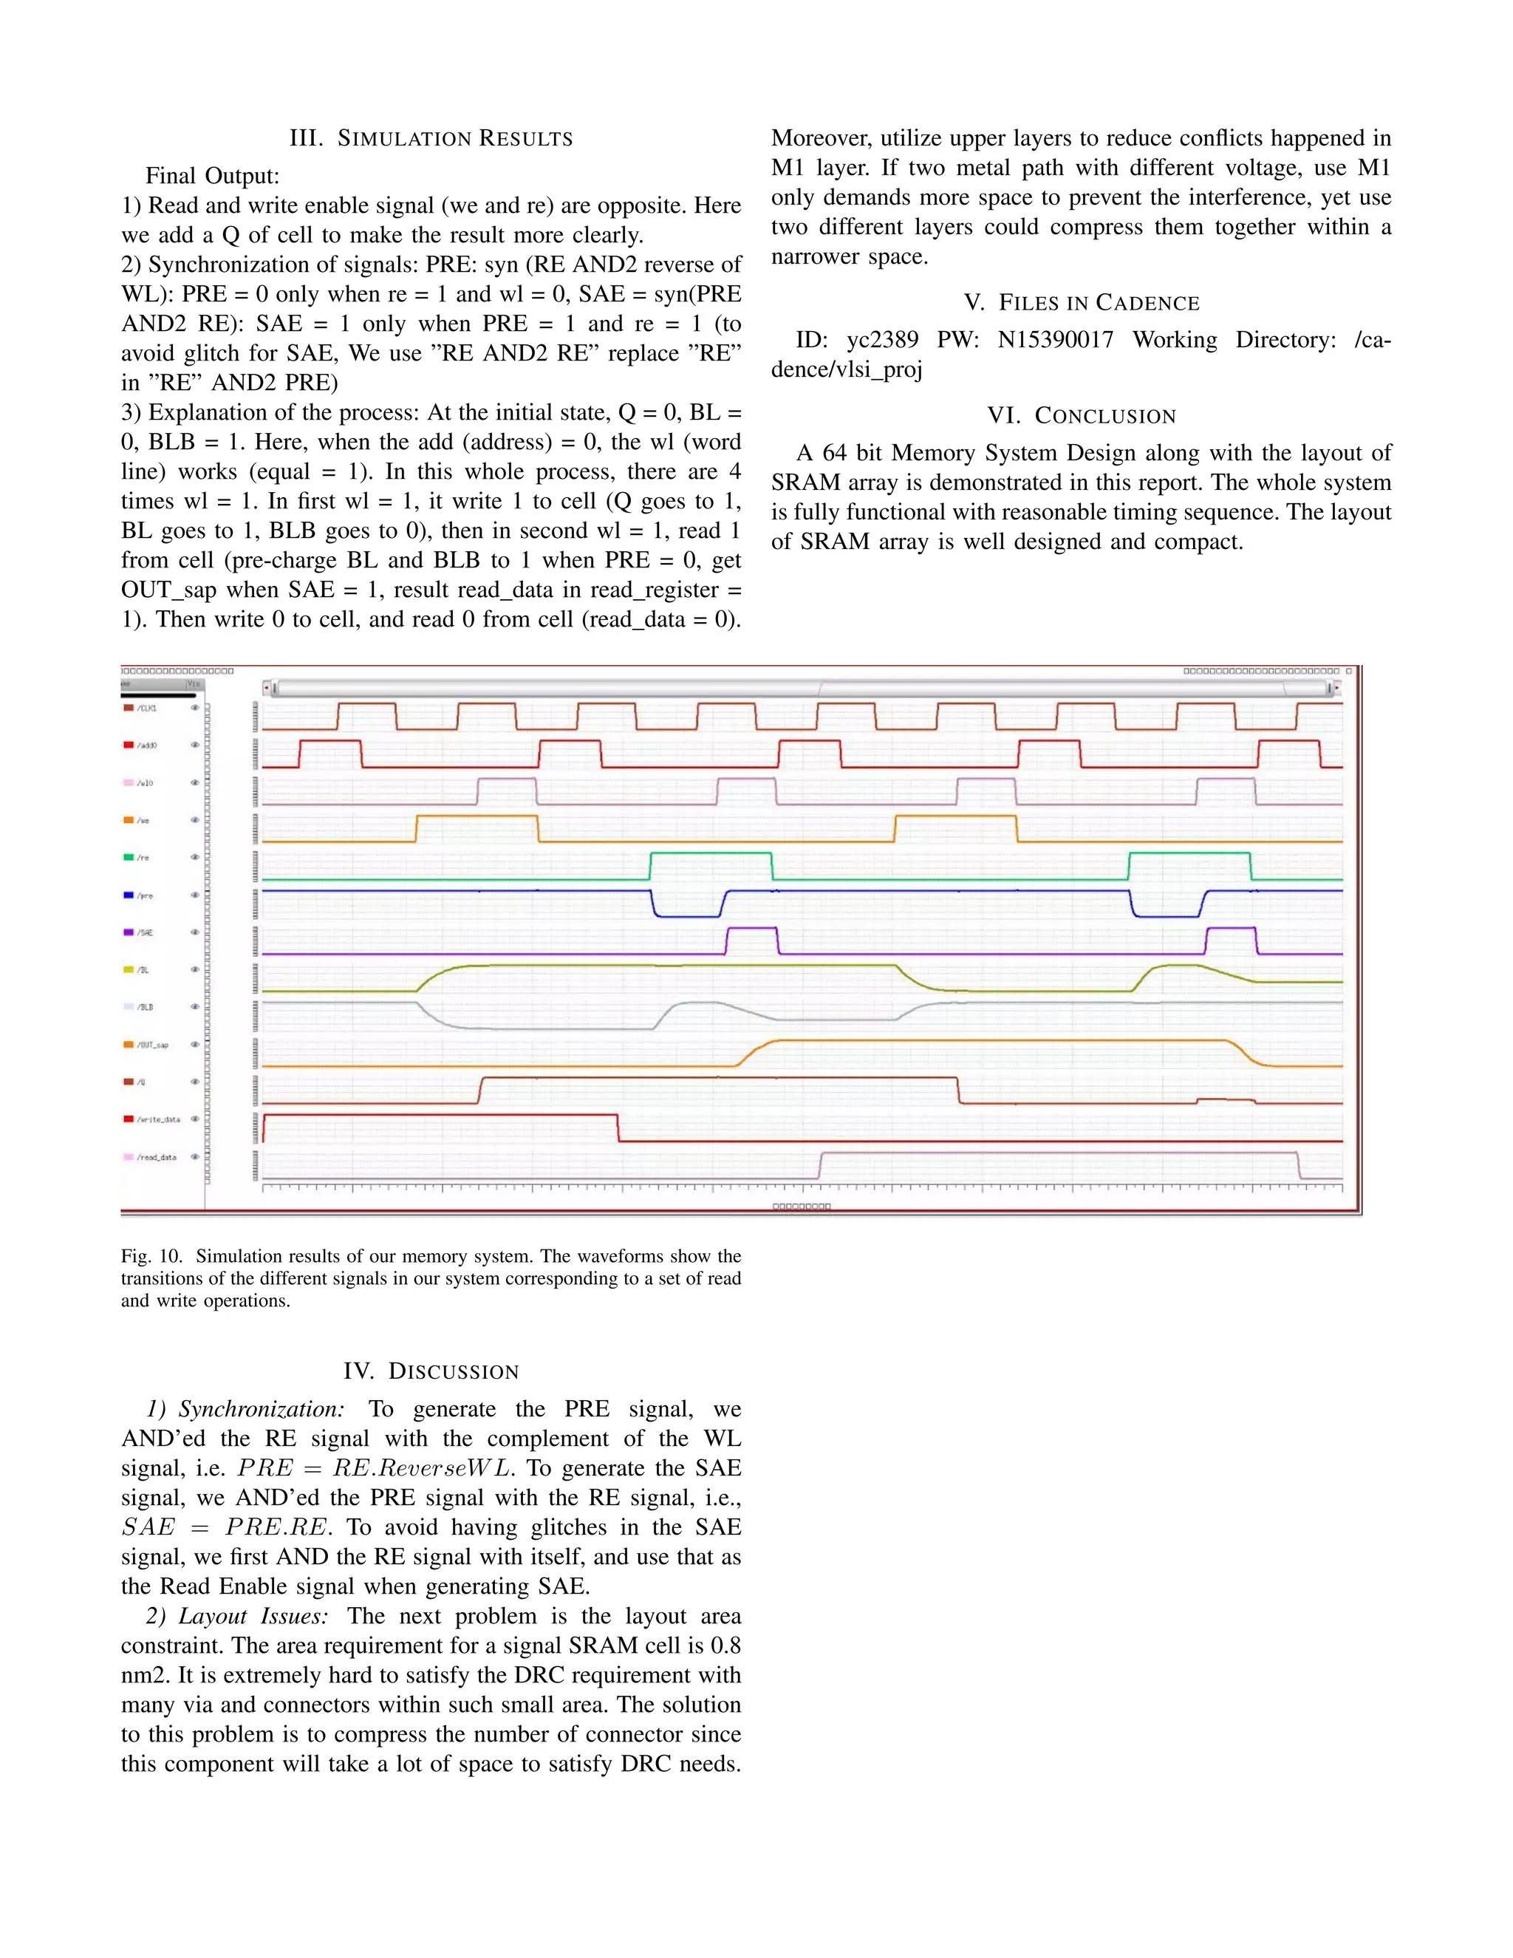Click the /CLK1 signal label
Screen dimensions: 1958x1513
click(x=147, y=709)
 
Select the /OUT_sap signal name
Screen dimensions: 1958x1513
click(x=152, y=1045)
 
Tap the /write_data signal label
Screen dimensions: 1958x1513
click(x=158, y=1119)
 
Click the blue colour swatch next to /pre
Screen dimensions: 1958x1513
click(x=128, y=895)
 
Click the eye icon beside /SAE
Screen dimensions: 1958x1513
click(x=194, y=932)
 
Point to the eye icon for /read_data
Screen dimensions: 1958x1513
click(x=194, y=1156)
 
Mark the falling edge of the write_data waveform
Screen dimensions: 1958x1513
click(x=618, y=1128)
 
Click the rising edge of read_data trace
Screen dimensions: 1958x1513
click(x=820, y=1164)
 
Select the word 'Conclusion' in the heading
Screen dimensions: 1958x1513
click(x=1104, y=416)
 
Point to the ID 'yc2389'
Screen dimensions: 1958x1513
click(x=882, y=340)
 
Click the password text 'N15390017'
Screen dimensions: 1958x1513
click(x=1055, y=340)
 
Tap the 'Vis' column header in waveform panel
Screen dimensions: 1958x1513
click(x=193, y=684)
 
